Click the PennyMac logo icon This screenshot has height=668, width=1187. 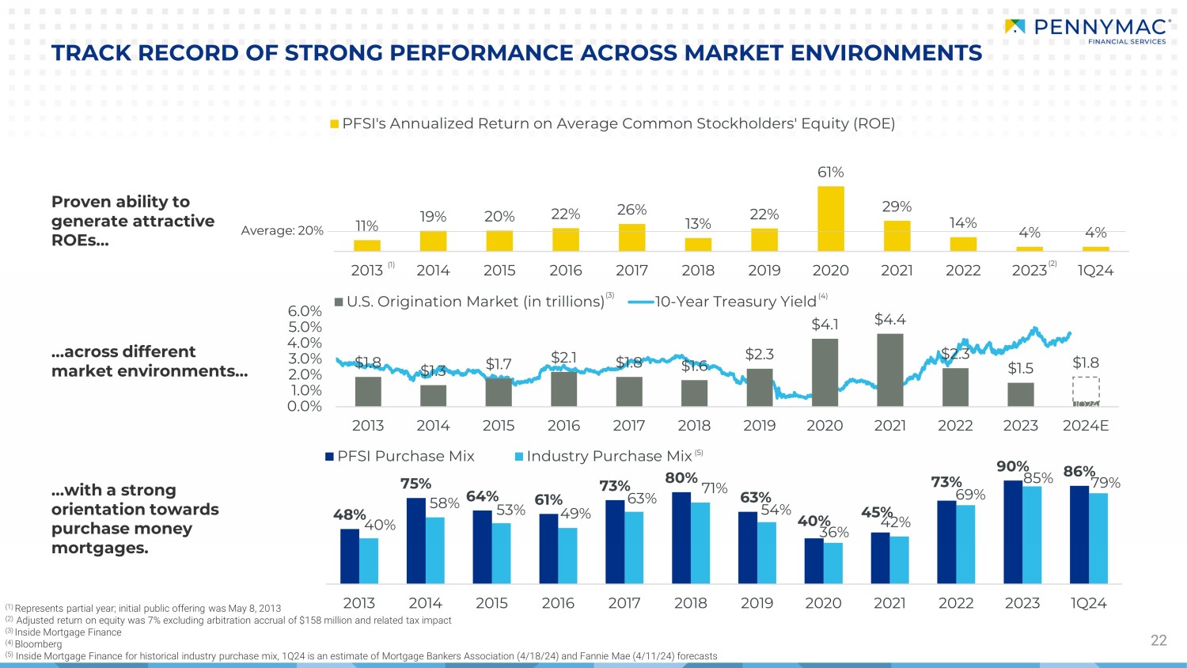pos(1014,27)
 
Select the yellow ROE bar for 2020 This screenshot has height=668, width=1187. pos(830,218)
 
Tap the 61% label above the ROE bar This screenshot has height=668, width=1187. pos(830,173)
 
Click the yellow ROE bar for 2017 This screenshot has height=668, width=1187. pos(631,237)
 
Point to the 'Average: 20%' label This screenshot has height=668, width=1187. pos(283,231)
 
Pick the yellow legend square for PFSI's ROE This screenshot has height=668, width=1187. pos(335,124)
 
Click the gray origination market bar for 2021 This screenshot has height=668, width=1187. pos(890,370)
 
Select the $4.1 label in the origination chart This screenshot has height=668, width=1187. pos(825,325)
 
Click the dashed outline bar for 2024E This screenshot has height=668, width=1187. pos(1086,391)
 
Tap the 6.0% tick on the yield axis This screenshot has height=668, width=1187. pos(305,312)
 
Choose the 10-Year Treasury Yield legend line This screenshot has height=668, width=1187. pos(641,302)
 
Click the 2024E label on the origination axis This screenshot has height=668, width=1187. pos(1086,426)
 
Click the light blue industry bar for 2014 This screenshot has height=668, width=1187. pos(435,551)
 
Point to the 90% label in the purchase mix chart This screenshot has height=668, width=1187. pos(1012,467)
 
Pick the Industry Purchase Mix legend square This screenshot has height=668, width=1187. pos(519,457)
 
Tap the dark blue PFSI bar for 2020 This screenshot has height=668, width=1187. pos(813,561)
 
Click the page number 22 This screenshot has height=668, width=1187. pos(1159,640)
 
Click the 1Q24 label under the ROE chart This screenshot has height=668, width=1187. pos(1095,271)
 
